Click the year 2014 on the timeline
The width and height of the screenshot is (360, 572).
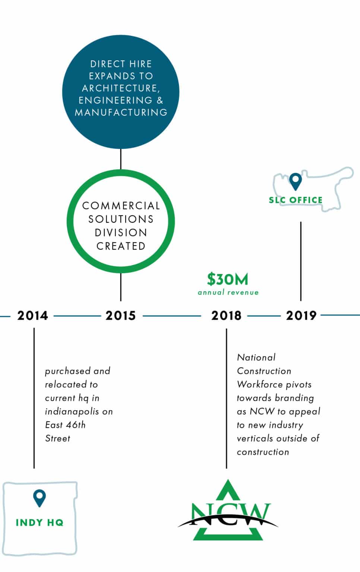point(32,315)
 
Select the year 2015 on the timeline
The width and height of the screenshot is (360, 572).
point(121,315)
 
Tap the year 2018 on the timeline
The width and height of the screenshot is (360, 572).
point(226,315)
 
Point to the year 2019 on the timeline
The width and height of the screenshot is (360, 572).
point(301,315)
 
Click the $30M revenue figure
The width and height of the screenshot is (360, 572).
point(228,279)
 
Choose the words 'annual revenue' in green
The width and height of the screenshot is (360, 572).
point(228,292)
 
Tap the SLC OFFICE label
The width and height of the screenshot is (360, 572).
point(296,200)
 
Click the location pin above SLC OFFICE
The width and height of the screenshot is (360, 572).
point(296,181)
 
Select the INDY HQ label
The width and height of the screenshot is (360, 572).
point(40,522)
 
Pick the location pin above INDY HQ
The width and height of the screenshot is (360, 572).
point(40,498)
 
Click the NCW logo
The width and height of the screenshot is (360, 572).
point(228,511)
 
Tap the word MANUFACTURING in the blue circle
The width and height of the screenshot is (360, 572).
point(121,112)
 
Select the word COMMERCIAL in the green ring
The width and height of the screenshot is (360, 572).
point(121,206)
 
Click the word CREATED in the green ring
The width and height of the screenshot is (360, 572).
point(121,246)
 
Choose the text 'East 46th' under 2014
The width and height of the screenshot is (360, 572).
point(65,425)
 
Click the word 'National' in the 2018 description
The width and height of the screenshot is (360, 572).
point(256,357)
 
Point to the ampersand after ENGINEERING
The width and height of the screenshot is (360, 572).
point(160,100)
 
